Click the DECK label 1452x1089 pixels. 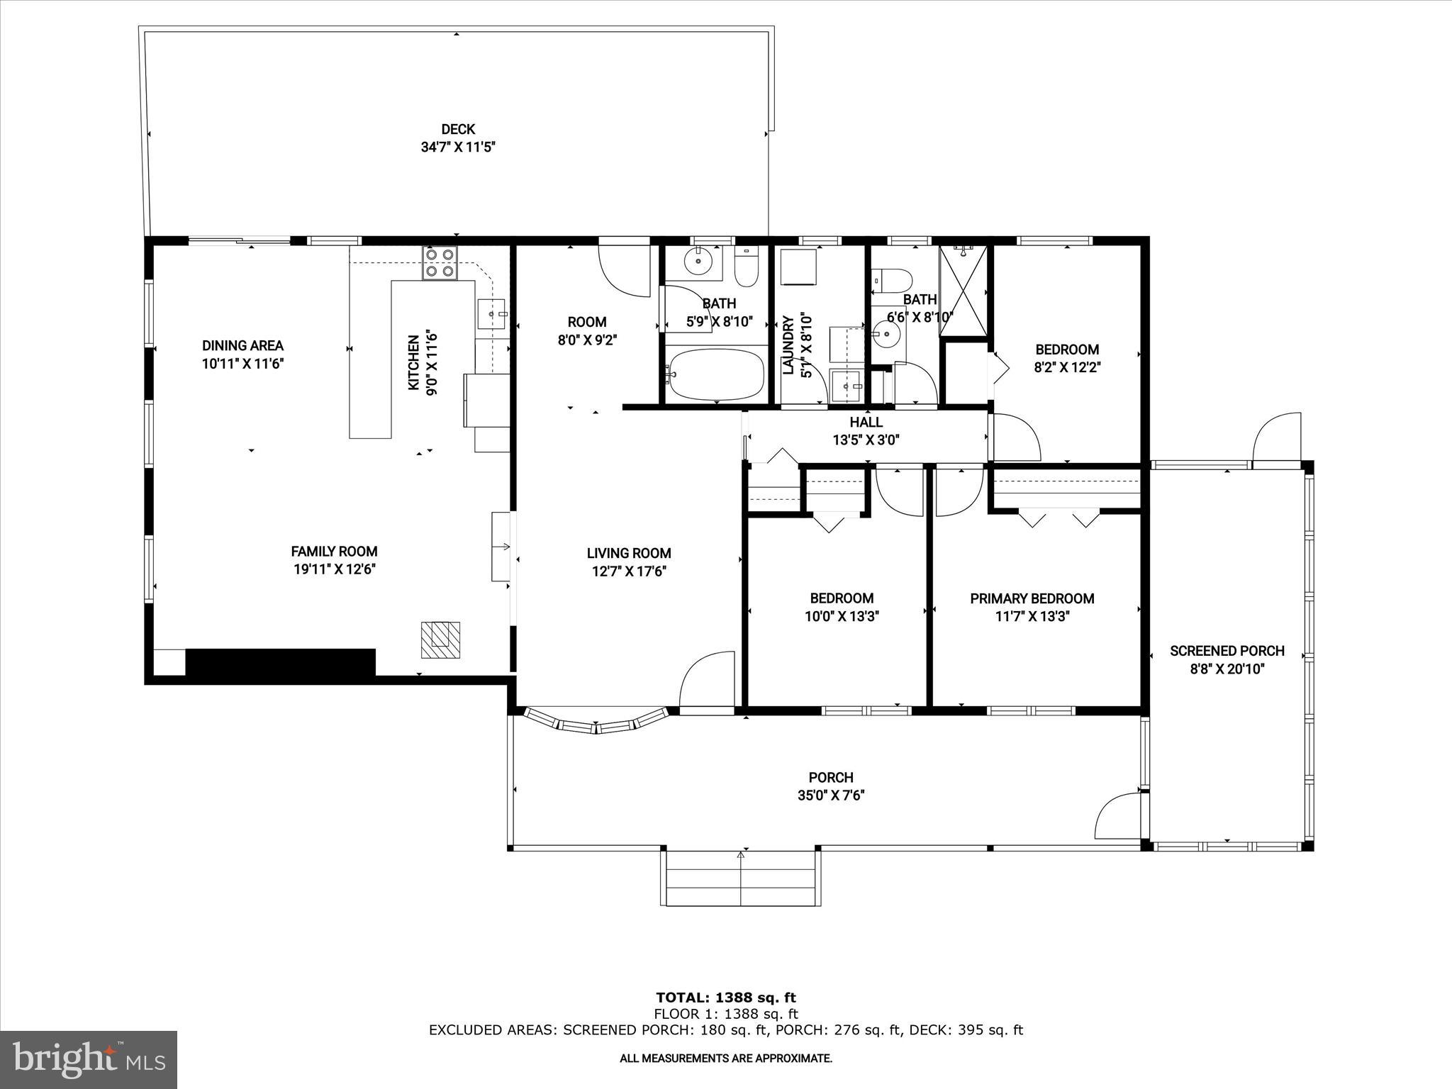tap(457, 129)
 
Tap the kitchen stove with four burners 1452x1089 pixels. tap(440, 263)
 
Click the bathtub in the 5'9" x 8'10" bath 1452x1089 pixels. tap(716, 374)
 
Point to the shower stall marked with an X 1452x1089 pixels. tap(963, 291)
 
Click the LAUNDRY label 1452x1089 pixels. tap(787, 345)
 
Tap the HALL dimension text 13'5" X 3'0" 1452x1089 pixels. tap(866, 440)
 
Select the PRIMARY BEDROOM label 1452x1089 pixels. tap(1032, 598)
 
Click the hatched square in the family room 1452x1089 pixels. tap(440, 640)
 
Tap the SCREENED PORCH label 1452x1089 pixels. tap(1227, 651)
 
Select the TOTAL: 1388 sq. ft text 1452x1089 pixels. tap(726, 998)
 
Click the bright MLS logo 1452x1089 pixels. tap(89, 1059)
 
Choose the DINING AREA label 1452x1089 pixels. tap(242, 346)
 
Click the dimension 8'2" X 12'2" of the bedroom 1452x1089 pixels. tap(1067, 368)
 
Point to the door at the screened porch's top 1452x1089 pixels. tap(1277, 440)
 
